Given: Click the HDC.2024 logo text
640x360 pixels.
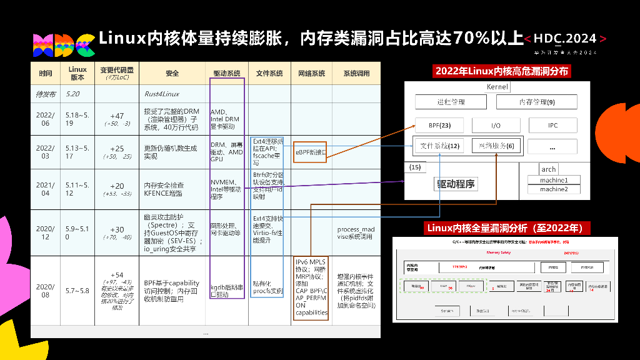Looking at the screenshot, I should point(565,39).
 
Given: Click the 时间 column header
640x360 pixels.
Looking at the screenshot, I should point(46,74).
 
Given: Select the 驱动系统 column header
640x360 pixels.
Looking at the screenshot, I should point(227,74).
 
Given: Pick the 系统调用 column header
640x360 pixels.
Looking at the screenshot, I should point(356,74).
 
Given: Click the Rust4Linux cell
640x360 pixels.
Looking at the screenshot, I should point(162,94).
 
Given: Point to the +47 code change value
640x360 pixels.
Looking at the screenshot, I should point(117,116).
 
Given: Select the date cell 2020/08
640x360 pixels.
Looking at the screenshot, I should point(46,291).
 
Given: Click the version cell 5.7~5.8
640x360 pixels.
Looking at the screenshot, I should point(77,291).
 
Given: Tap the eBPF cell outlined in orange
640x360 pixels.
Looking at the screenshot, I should point(311,152).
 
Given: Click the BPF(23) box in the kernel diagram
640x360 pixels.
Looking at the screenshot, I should point(440,124).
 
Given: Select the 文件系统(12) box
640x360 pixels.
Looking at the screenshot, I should point(440,146).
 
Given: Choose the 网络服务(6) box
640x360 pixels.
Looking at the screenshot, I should point(496,146).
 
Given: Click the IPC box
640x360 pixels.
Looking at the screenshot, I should point(552,124).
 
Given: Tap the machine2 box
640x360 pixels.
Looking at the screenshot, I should point(554,189).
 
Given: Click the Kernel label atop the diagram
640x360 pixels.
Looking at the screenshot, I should point(497,87).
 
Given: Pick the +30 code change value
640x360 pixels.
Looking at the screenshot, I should point(117,229).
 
